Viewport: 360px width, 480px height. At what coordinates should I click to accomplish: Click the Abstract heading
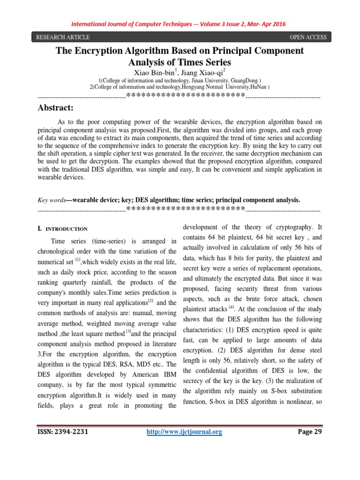(x=55, y=108)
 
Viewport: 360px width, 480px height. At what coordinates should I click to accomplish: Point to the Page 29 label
(x=310, y=432)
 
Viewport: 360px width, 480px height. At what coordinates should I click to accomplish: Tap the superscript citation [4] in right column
(x=231, y=307)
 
